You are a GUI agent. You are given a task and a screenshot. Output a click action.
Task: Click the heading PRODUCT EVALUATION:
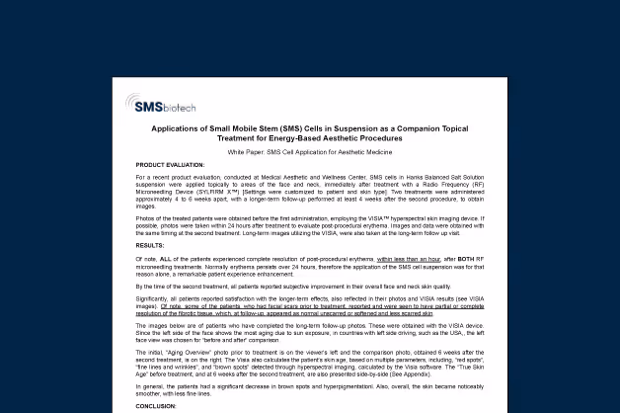coord(171,165)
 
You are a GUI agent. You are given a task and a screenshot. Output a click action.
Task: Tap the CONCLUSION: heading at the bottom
coord(156,405)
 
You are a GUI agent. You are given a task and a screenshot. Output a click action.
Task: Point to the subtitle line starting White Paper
coord(309,152)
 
